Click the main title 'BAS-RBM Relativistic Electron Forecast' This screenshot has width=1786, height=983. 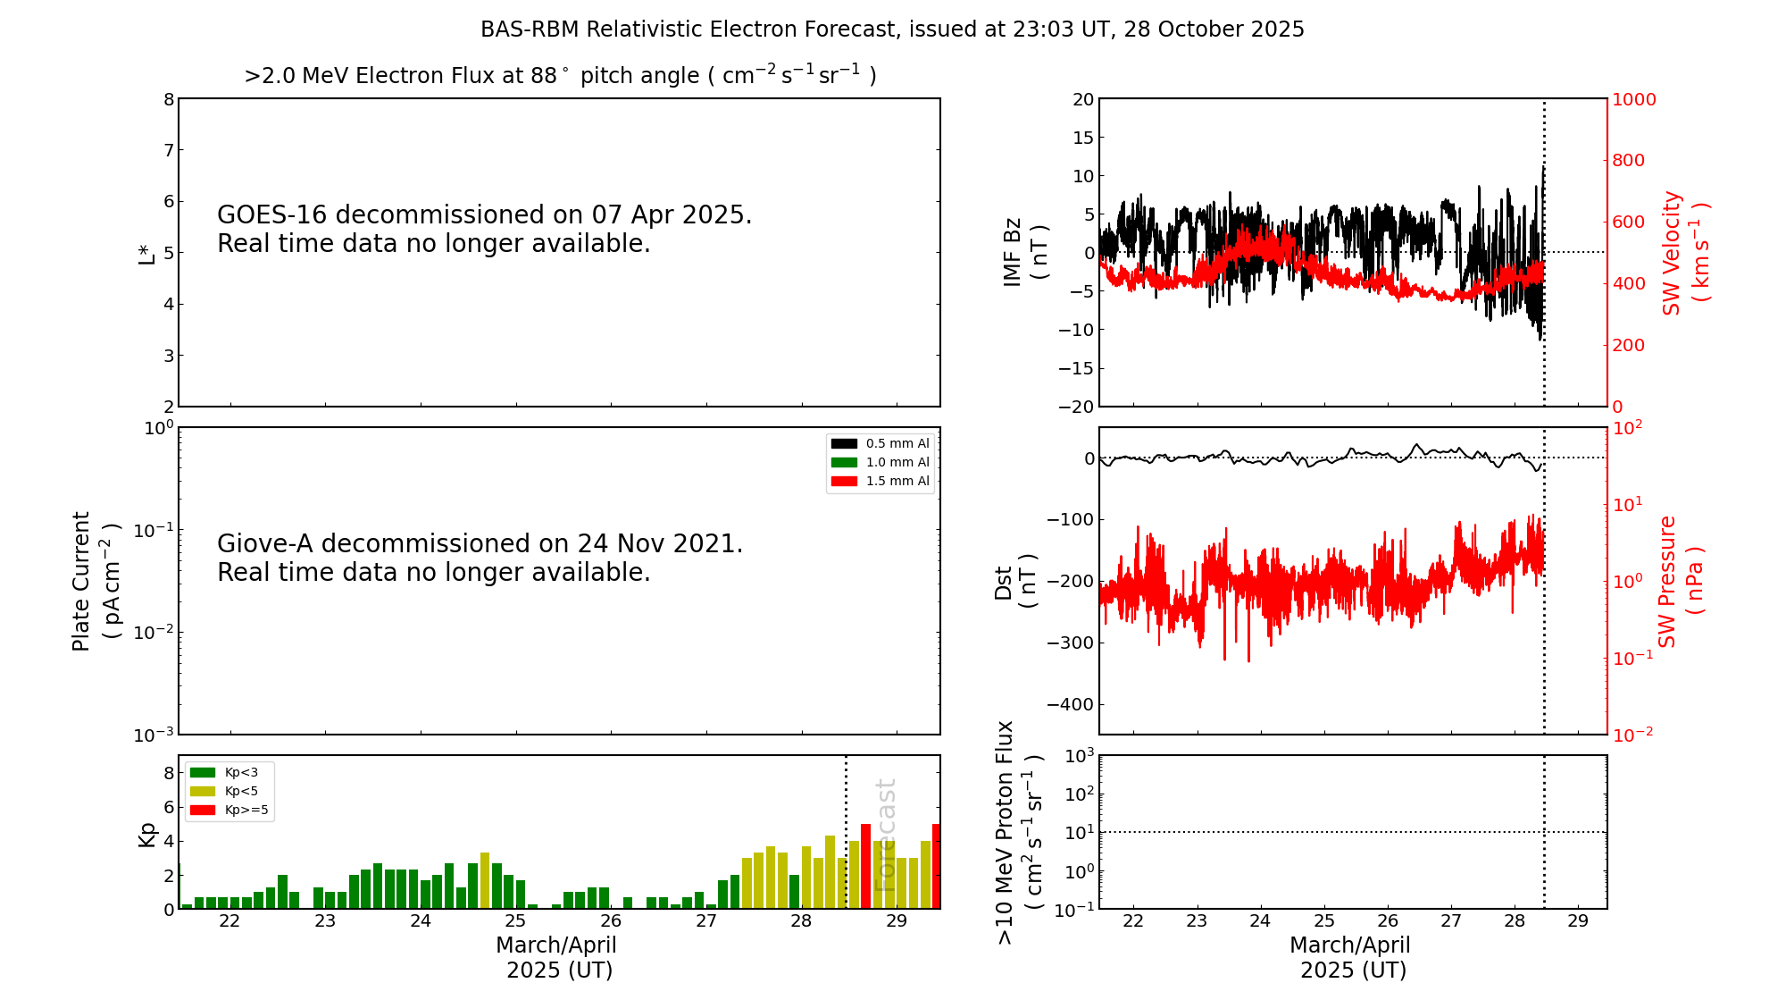point(892,29)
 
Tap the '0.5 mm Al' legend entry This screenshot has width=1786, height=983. point(897,443)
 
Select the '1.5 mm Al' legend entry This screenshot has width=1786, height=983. point(897,481)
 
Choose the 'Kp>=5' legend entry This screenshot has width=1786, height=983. point(246,811)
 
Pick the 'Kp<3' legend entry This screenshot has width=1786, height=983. point(240,772)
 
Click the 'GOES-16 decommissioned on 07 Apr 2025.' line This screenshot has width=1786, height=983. point(484,215)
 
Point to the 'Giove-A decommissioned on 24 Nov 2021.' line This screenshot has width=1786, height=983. point(480,544)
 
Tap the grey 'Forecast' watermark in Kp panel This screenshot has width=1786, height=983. point(884,835)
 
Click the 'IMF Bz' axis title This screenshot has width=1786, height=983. point(1012,252)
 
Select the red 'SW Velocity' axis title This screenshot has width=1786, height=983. point(1672,252)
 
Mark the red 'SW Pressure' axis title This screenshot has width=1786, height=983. point(1667,581)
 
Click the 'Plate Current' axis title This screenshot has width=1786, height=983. point(81,581)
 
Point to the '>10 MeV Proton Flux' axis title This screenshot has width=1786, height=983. point(1005,832)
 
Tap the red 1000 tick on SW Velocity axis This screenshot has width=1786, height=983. point(1633,99)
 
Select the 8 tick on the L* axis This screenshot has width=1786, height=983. point(169,99)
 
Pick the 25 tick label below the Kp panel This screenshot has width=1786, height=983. point(515,921)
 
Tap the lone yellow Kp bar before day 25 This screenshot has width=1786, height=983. point(485,880)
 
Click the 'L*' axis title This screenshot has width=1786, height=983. point(146,252)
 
